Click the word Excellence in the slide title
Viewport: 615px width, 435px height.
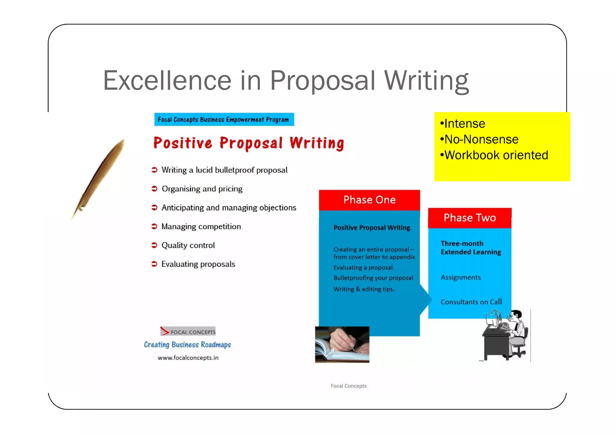(167, 81)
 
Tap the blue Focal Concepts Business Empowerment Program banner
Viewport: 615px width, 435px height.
(224, 120)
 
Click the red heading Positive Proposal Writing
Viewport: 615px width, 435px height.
(249, 143)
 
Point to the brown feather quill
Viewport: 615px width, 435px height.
(99, 177)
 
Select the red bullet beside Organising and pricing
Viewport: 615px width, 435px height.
(154, 189)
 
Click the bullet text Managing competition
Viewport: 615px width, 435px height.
(201, 227)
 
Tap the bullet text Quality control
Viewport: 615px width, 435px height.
(188, 245)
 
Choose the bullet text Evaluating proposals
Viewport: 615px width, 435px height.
(198, 264)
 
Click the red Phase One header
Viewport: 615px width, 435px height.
(369, 200)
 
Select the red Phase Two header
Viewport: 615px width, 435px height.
(470, 218)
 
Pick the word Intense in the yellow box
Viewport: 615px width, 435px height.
(464, 124)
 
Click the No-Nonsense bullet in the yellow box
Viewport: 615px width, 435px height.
(481, 139)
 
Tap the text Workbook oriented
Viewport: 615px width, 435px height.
(496, 155)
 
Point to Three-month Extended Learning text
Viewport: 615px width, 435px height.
(471, 248)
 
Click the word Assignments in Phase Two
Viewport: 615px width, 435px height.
(461, 277)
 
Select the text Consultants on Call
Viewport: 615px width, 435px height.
(471, 302)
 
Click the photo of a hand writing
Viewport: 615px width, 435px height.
(342, 345)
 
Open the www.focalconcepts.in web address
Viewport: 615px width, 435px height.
(188, 358)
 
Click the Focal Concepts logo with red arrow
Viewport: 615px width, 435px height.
(188, 331)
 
